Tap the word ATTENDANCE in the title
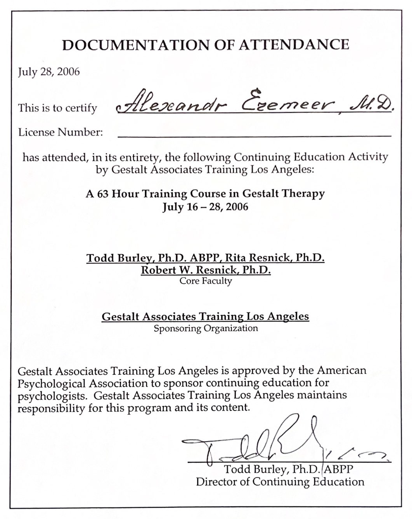point(294,45)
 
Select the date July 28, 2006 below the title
point(49,72)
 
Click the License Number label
point(61,132)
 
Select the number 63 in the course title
point(103,194)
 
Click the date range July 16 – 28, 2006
point(205,206)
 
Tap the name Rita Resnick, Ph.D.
point(275,258)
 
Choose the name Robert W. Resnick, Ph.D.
point(206,270)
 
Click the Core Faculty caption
point(206,281)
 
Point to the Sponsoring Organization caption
point(206,329)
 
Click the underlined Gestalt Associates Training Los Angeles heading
point(205,317)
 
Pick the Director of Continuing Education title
point(280,482)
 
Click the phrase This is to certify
point(57,108)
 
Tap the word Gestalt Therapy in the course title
point(284,194)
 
